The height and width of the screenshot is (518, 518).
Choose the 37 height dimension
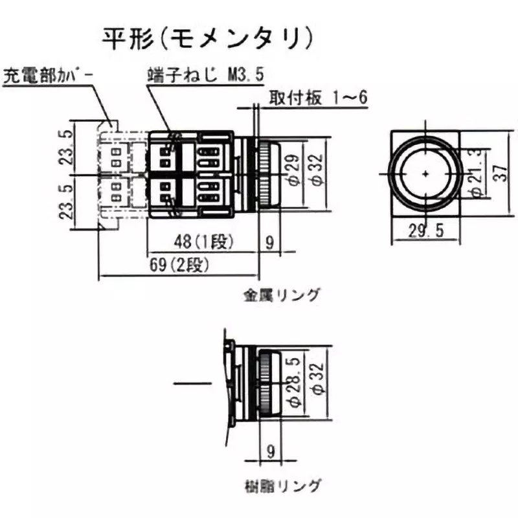(x=499, y=174)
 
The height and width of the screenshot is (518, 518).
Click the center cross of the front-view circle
(x=425, y=174)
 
